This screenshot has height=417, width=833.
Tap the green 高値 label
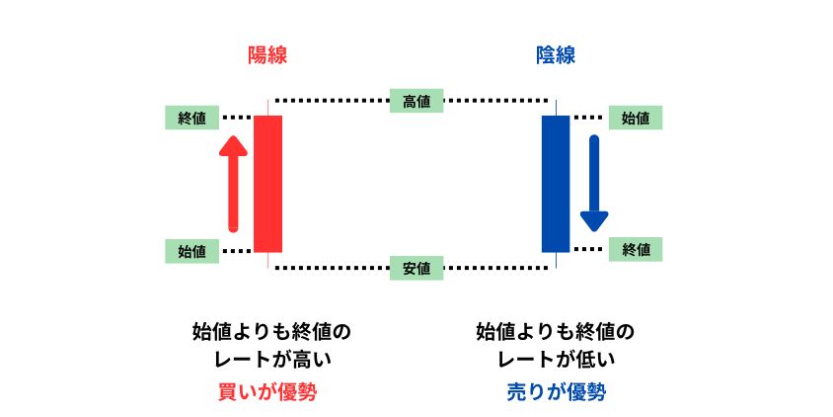click(x=416, y=101)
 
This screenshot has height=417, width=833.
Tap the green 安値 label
click(x=416, y=268)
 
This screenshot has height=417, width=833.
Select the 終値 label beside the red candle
click(x=191, y=118)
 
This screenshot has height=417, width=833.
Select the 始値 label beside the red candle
click(x=191, y=252)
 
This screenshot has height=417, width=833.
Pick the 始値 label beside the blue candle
click(x=636, y=118)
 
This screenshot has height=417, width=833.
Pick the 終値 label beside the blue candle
click(x=636, y=249)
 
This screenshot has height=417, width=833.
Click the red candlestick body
click(x=267, y=184)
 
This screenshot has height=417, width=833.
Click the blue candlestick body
click(x=556, y=184)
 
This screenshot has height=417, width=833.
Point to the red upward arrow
click(x=233, y=184)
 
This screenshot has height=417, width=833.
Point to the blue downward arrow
click(x=594, y=184)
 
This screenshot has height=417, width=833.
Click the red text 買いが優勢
click(x=267, y=392)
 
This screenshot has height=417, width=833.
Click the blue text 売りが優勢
click(x=556, y=392)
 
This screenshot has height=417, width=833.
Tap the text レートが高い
click(x=272, y=360)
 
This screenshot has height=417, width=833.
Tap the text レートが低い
click(x=556, y=360)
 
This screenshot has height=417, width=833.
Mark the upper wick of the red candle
click(x=267, y=108)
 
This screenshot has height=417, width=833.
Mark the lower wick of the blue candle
click(x=556, y=260)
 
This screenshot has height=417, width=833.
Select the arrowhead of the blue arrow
click(x=594, y=221)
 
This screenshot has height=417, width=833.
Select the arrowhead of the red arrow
click(x=233, y=146)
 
